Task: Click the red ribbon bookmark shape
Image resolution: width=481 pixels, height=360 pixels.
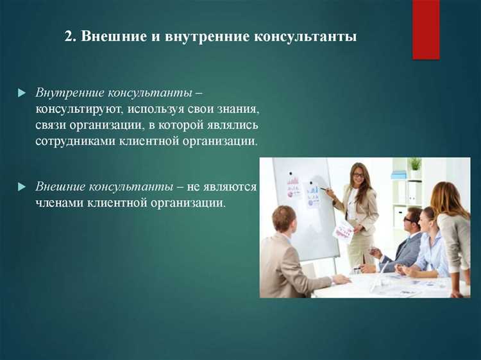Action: coord(426,29)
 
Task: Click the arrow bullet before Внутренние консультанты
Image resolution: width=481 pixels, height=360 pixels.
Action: coord(21,94)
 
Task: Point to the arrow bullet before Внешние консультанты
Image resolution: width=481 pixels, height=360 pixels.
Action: coord(21,187)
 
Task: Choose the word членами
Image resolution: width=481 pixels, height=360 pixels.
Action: coord(58,203)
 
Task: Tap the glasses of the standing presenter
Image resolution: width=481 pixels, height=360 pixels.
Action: coord(359,175)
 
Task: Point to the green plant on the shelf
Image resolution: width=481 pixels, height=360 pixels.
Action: coord(415,164)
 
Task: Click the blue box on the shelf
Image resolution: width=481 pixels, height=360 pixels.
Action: coord(399,174)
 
